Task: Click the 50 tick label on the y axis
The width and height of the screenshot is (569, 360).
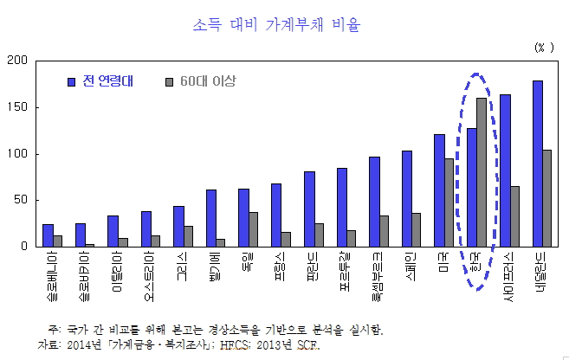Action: (x=21, y=200)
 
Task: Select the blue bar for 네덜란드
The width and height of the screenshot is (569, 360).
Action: (x=537, y=164)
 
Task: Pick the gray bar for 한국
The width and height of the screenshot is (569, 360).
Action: (x=482, y=172)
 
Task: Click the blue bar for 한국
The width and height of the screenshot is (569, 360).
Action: (x=471, y=187)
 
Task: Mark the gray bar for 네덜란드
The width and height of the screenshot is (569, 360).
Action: (x=547, y=198)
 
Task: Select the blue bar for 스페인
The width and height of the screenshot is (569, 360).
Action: (x=406, y=199)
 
